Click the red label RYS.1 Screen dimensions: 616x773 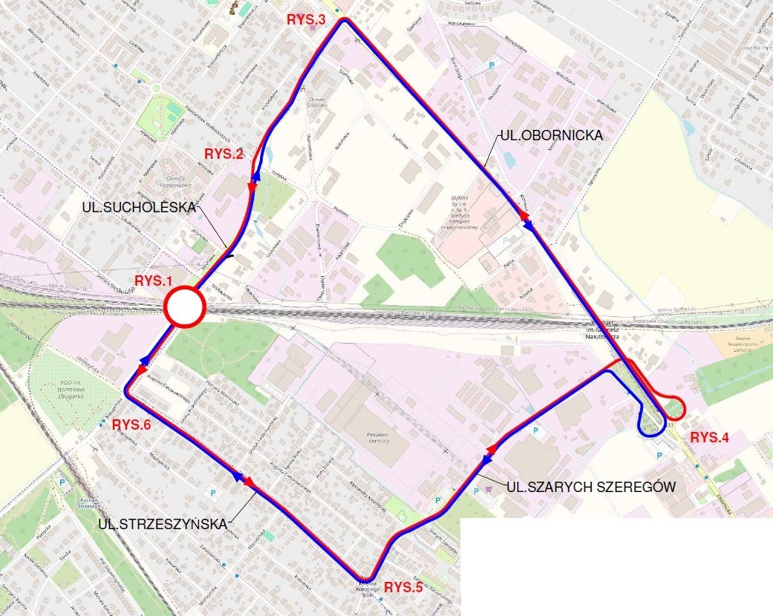tap(153, 281)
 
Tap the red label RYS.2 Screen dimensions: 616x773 tap(224, 154)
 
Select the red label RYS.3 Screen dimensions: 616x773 tap(307, 20)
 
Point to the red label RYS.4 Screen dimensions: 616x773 tap(710, 437)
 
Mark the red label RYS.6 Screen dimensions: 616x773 tap(131, 425)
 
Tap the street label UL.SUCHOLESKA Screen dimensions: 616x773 tap(140, 209)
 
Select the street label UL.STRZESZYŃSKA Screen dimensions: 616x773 tap(163, 524)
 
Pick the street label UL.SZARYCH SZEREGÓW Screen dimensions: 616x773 tap(591, 487)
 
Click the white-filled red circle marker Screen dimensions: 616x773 tap(183, 307)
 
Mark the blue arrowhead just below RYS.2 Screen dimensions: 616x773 tap(255, 177)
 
